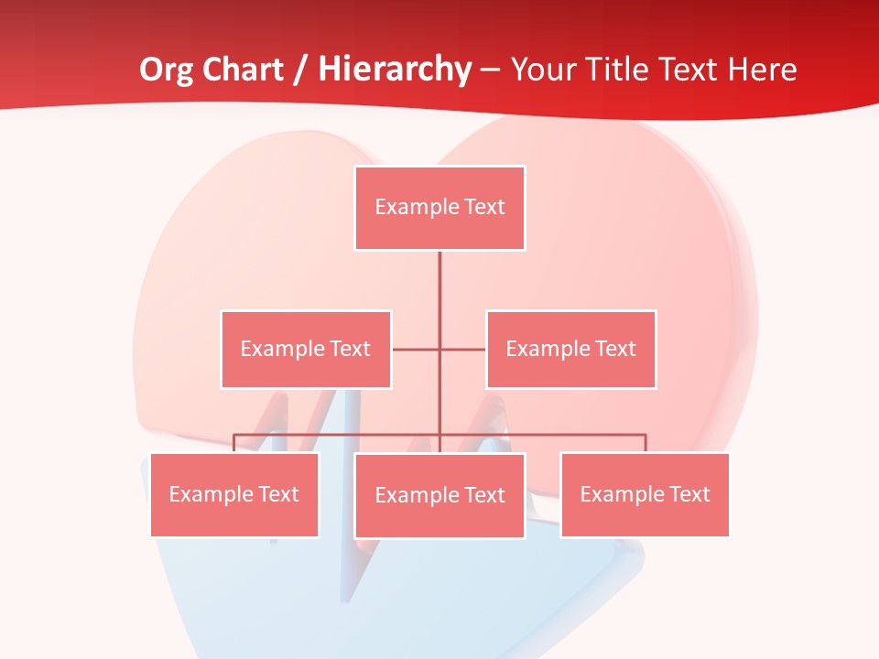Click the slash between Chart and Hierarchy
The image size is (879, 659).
click(300, 70)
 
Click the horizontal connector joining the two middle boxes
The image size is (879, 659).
click(417, 349)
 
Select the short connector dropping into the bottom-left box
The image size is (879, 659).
click(234, 443)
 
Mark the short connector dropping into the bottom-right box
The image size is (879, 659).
click(646, 443)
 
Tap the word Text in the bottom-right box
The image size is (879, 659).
click(688, 494)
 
